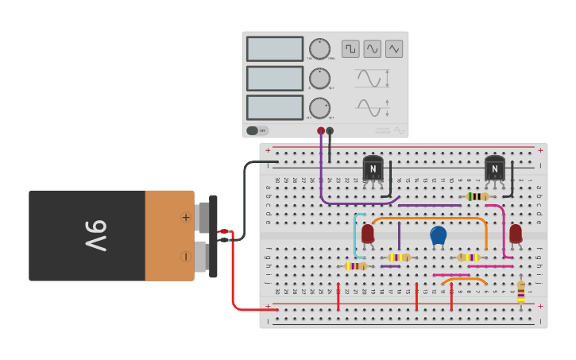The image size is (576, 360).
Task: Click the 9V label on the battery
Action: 95,235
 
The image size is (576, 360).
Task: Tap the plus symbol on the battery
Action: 186,217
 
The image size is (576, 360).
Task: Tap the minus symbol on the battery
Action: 186,256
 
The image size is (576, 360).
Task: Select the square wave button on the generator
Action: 350,48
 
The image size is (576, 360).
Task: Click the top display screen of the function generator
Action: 275,48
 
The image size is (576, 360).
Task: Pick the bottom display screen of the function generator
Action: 275,107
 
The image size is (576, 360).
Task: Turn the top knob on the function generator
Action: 319,48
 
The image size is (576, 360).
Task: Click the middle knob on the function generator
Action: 319,78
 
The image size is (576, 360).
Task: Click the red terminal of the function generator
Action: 321,130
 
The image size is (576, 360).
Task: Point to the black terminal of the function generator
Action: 330,130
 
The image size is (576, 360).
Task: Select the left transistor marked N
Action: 373,168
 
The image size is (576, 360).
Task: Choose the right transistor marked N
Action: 495,168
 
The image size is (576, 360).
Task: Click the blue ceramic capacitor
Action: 439,235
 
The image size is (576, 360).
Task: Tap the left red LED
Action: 368,234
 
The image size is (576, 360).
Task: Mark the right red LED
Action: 516,233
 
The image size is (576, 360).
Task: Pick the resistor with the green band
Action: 477,196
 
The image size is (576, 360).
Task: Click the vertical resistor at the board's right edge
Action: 521,291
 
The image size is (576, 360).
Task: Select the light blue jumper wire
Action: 356,235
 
